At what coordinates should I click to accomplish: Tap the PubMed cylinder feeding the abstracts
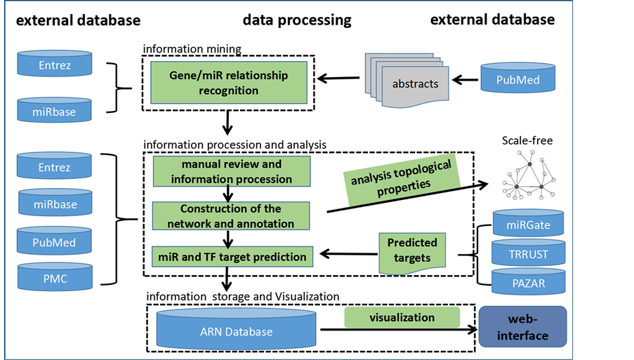coord(519,80)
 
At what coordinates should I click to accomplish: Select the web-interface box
coord(522,327)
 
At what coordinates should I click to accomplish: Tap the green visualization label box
coord(402,317)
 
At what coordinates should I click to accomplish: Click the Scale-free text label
coord(527,141)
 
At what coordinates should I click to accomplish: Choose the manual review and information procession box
coord(230,172)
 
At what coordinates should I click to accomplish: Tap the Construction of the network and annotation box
coord(230,216)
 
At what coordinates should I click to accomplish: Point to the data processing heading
coord(297,20)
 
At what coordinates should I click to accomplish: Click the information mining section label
coord(192,49)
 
